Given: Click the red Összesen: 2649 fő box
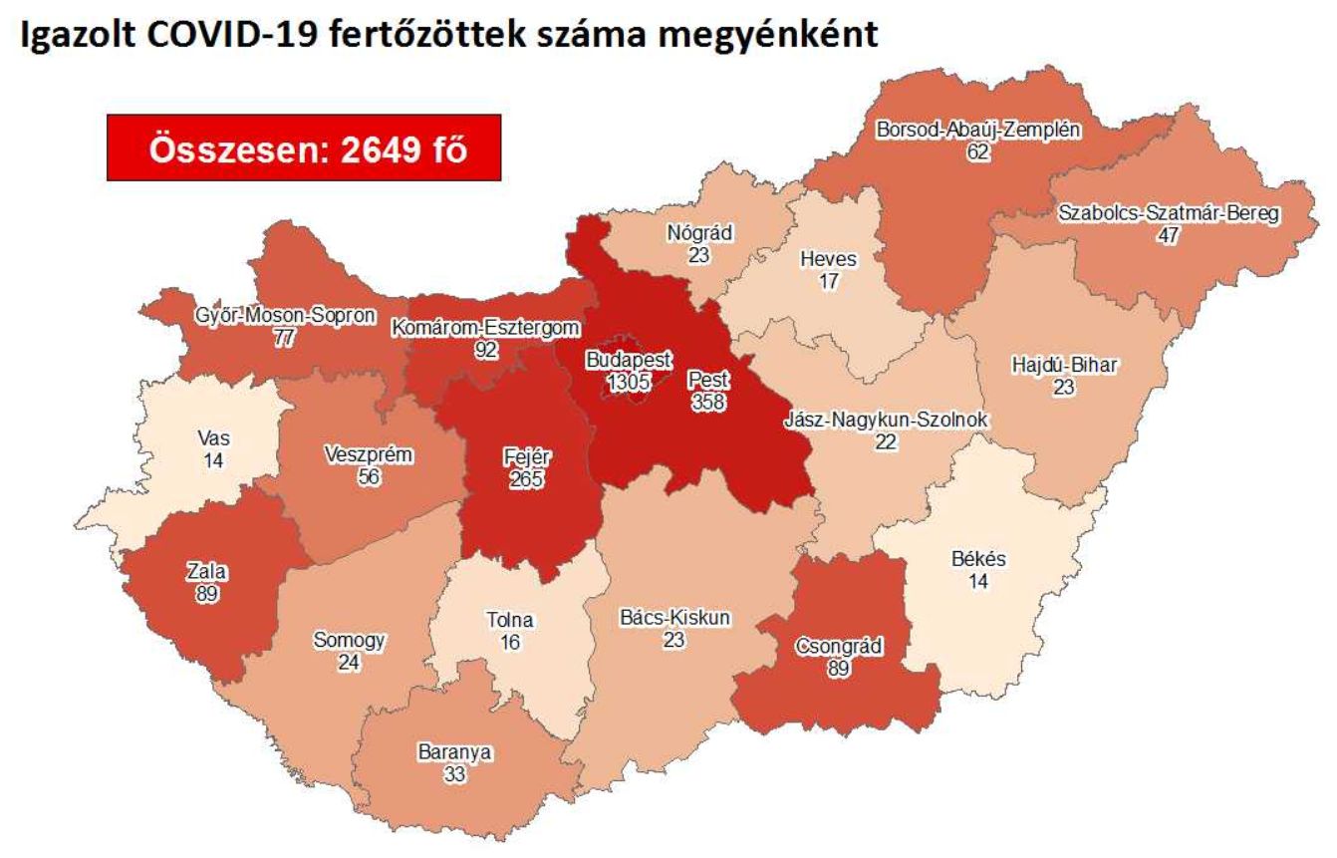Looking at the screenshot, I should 303,147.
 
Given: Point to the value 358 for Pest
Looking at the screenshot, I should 708,401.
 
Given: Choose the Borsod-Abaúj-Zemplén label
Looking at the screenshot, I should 978,131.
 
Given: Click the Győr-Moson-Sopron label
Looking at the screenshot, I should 286,317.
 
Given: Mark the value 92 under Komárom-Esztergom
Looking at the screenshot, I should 486,350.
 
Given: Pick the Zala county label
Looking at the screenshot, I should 206,572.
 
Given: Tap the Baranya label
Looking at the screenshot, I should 454,753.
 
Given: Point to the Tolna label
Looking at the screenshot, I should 509,621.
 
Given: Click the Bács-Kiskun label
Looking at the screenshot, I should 674,618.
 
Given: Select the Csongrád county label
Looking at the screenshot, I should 838,646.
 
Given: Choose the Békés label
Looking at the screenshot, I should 978,560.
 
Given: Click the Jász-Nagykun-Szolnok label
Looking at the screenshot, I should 886,421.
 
